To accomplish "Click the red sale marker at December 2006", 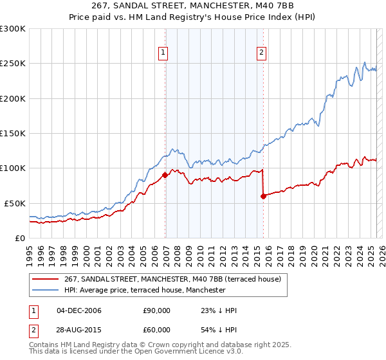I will (165, 174).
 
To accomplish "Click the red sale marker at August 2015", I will (263, 196).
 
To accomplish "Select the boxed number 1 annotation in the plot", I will (163, 53).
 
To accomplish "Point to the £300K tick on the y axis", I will (13, 29).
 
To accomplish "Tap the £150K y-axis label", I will (13, 133).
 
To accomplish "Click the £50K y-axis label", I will (15, 203).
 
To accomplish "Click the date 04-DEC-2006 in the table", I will (79, 310).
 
